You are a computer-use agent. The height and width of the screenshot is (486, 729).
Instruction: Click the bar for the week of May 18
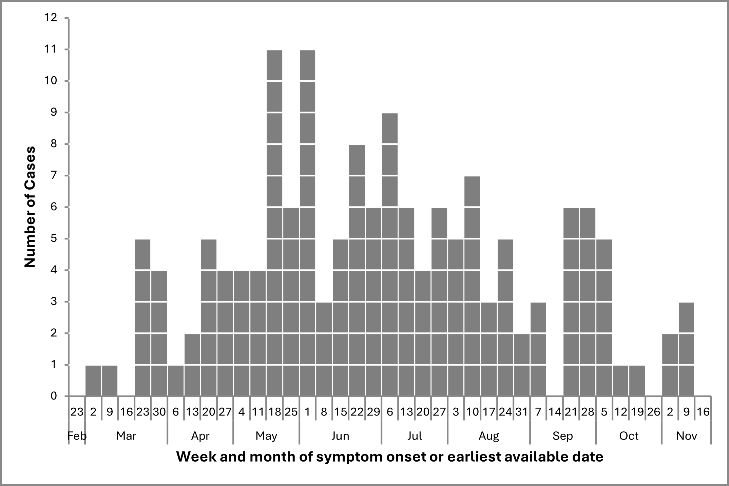(274, 224)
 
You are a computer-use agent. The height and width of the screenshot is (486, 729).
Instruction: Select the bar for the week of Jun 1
(307, 224)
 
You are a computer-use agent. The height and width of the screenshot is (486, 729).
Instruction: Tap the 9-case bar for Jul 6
(390, 254)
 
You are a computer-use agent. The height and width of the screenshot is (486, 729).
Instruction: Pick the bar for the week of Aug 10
(472, 287)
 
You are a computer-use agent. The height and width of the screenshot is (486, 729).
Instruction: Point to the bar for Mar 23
(143, 318)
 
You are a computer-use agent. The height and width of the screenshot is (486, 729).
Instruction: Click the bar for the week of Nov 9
(686, 349)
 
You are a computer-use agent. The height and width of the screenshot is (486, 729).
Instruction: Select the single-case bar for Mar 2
(93, 381)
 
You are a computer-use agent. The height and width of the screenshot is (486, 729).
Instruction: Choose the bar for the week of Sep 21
(571, 302)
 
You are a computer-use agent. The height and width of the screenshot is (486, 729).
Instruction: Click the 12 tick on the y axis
(51, 18)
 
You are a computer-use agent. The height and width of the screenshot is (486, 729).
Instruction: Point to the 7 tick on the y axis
(54, 176)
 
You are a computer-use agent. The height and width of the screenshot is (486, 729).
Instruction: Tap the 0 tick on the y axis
(54, 396)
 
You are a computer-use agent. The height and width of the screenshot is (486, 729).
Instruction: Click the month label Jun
(340, 436)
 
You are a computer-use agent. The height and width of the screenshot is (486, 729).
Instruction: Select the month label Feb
(77, 436)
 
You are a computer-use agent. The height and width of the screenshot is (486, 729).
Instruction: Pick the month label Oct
(629, 436)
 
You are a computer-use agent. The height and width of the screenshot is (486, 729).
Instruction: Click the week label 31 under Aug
(522, 412)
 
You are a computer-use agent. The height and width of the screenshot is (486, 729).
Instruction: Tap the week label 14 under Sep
(555, 412)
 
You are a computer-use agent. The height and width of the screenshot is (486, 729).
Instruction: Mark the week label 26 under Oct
(653, 412)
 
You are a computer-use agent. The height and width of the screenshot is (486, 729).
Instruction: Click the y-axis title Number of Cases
(30, 207)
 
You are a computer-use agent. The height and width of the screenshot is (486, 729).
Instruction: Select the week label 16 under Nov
(703, 412)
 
